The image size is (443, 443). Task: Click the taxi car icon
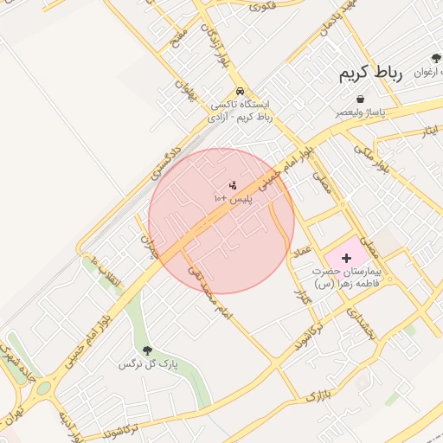240,92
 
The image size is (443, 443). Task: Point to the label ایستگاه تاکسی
241,104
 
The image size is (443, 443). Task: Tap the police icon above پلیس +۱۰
232,185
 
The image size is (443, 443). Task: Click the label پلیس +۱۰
232,199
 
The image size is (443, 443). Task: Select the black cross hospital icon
347,258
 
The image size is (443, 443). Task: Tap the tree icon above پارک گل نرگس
146,350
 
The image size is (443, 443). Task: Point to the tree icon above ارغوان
437,59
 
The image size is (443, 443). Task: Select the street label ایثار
430,132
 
